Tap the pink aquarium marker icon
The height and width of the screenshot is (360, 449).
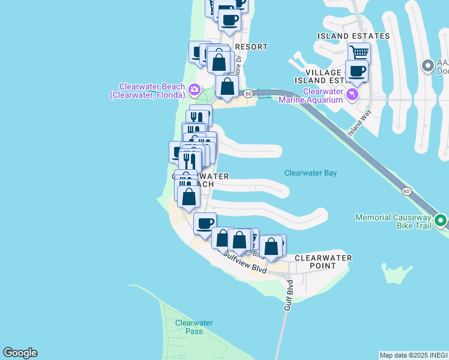352,95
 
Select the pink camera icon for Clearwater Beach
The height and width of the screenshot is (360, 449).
194,91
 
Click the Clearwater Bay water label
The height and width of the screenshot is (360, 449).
310,173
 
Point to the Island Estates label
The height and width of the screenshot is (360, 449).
353,36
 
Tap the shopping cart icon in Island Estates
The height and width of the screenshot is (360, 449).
359,53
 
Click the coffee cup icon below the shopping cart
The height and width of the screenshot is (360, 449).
357,71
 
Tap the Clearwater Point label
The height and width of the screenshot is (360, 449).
322,262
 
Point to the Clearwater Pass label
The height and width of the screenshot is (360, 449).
194,326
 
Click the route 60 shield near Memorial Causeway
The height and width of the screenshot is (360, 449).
406,191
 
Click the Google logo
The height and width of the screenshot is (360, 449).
20,353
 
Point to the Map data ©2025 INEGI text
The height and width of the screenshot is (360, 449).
414,355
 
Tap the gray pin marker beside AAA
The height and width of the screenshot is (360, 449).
428,65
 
